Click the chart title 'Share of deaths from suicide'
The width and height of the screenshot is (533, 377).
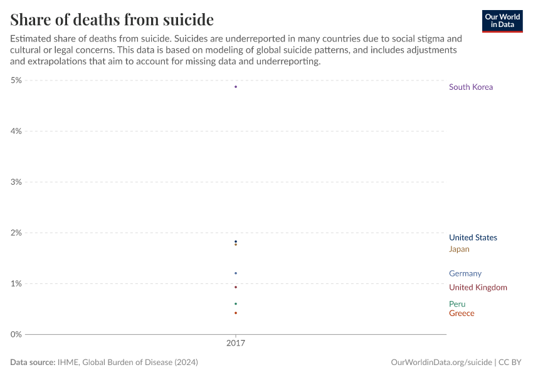click(112, 19)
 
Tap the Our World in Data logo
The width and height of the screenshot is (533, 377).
click(502, 21)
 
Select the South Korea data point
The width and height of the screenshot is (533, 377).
click(236, 87)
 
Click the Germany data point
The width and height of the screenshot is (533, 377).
click(236, 273)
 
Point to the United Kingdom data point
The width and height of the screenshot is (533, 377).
click(236, 287)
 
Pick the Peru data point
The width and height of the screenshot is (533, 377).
click(236, 304)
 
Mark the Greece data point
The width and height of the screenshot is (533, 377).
click(236, 313)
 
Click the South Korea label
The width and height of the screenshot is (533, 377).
click(471, 87)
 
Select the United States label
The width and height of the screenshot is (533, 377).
click(473, 238)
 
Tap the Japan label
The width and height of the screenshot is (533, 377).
click(459, 249)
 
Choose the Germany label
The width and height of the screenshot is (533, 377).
click(465, 273)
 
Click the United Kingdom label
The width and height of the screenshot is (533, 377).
click(478, 288)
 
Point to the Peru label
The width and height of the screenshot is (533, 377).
click(457, 304)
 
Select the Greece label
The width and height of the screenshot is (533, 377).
click(462, 314)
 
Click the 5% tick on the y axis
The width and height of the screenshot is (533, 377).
click(16, 80)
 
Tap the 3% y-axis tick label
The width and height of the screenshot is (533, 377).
click(16, 182)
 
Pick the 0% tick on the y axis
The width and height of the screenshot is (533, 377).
click(16, 334)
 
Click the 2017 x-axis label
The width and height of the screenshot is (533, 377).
click(236, 344)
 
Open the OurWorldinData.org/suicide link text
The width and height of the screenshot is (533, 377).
click(441, 363)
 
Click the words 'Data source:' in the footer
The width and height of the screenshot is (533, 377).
click(33, 363)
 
